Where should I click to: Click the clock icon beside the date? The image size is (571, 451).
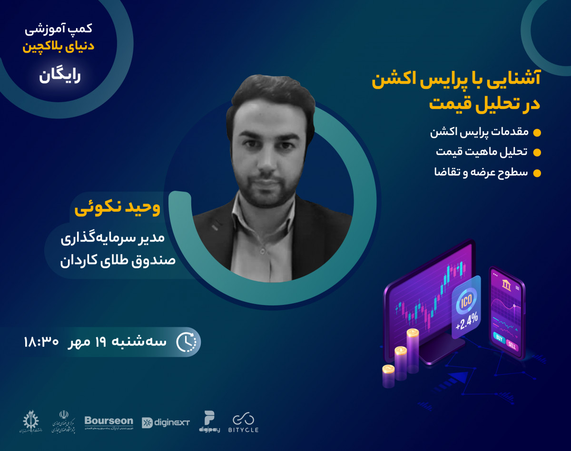tap(186, 342)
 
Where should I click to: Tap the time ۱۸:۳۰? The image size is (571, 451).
tap(41, 342)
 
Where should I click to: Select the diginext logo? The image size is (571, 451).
tap(166, 422)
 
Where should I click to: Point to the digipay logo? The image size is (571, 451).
tap(209, 421)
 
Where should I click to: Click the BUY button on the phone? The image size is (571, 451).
tap(499, 338)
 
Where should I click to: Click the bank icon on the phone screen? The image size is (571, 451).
tap(506, 285)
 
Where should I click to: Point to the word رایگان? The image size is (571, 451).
tap(60, 76)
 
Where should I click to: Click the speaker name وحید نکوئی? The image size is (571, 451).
tap(118, 208)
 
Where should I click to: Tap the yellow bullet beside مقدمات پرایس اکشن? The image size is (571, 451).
tap(537, 132)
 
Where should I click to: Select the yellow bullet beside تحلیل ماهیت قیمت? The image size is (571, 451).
tap(537, 152)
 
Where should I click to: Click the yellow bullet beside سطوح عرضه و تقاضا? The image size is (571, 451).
tap(537, 173)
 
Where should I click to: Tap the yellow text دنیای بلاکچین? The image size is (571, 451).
tap(59, 47)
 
